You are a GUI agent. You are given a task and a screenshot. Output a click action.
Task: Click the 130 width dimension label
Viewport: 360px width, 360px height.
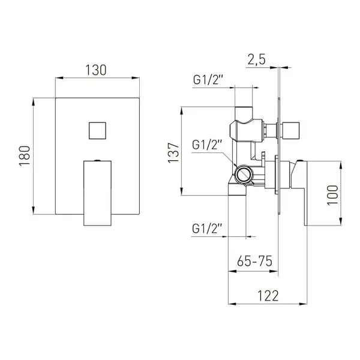96,70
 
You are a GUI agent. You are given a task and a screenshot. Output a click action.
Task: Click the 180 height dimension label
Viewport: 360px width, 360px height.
25,156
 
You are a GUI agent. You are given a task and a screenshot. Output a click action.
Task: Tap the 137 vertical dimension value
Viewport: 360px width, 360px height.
173,153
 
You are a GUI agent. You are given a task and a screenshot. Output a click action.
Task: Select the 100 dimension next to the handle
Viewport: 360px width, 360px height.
332,195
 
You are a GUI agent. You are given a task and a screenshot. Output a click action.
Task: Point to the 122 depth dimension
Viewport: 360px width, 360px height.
268,296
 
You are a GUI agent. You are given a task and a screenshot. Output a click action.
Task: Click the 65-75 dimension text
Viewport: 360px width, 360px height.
254,261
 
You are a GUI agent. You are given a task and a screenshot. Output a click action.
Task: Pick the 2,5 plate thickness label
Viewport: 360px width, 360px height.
256,59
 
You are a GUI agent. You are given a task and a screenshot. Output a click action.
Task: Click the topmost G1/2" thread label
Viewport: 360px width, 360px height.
208,80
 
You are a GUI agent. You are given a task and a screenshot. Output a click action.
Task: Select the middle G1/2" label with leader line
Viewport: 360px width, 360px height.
207,145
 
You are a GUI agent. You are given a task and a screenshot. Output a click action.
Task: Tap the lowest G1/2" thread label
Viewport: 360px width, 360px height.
207,229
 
